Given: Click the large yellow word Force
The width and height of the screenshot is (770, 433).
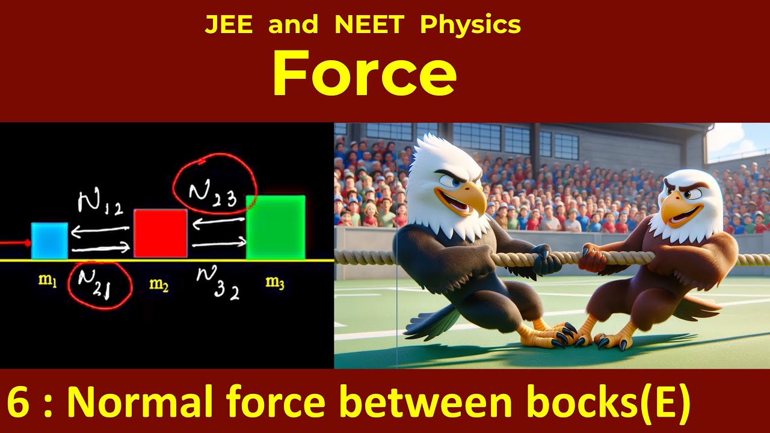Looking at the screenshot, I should click(x=364, y=74).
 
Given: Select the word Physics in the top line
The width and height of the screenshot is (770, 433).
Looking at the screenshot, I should click(x=470, y=25).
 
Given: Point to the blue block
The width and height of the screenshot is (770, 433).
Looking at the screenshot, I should click(x=49, y=241).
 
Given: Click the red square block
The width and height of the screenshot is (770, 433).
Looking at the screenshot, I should click(x=160, y=233).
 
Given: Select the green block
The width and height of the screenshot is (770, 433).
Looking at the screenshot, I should click(x=276, y=227).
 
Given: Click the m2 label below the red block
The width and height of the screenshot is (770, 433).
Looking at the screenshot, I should click(x=159, y=284).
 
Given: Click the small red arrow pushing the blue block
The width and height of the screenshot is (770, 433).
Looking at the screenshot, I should click(x=16, y=243).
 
